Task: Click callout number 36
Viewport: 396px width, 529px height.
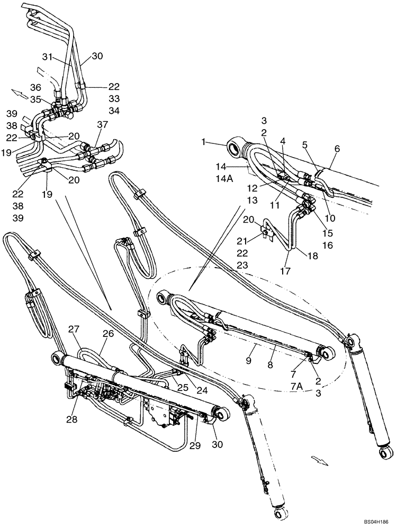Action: (35, 88)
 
